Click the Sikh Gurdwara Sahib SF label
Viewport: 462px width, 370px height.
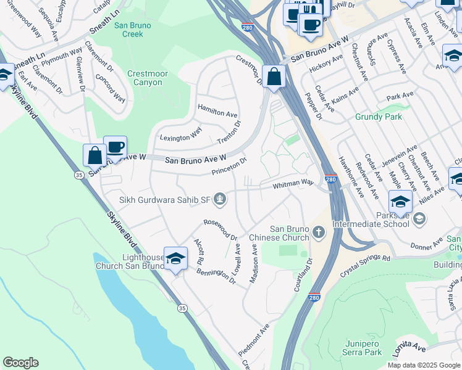coord(165,199)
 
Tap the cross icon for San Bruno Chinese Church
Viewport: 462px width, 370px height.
coord(318,232)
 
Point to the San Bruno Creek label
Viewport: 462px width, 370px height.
coord(129,30)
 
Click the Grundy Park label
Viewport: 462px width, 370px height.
coord(379,117)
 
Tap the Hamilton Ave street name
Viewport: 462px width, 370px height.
coord(217,110)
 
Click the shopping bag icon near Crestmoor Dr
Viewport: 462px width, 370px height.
coord(274,76)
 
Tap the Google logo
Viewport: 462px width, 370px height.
coord(20,363)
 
